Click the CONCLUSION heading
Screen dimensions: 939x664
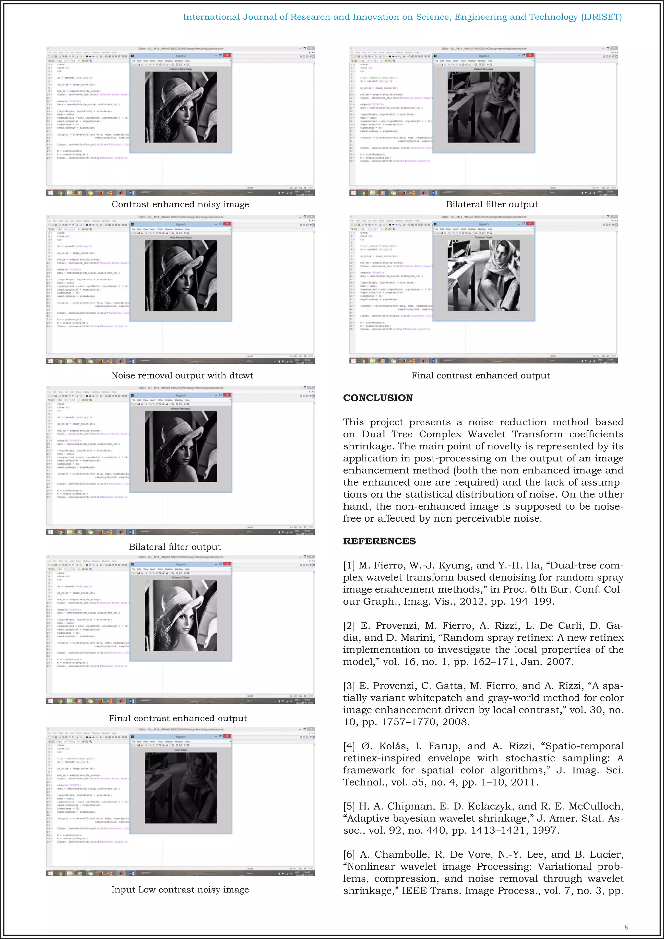378,398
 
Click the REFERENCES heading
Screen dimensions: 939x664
379,541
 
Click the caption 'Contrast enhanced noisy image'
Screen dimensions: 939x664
180,204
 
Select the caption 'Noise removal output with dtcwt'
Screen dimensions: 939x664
182,375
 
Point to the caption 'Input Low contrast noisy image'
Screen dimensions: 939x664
180,889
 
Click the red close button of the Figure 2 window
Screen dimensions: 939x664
227,56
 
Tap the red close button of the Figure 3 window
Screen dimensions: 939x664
227,224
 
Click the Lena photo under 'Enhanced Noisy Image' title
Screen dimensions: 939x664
181,107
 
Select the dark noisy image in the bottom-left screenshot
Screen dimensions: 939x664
181,787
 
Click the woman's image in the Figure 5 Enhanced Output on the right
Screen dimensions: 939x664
484,275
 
